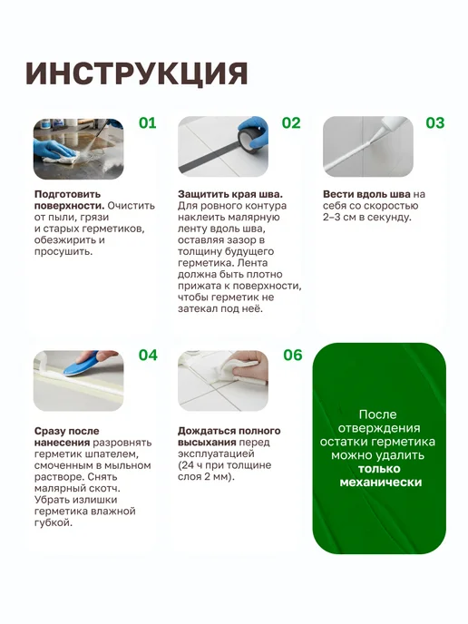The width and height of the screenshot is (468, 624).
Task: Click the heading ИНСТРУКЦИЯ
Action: click(x=136, y=73)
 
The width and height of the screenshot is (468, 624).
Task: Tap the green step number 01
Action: click(x=148, y=123)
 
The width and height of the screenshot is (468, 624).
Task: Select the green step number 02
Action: click(x=291, y=123)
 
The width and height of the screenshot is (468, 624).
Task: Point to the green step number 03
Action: click(x=435, y=123)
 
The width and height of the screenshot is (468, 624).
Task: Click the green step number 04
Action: click(x=148, y=355)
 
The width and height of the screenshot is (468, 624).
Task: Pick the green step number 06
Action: click(x=292, y=355)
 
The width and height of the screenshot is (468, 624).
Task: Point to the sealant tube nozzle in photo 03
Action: click(x=377, y=136)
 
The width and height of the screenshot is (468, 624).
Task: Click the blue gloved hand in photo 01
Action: click(x=59, y=150)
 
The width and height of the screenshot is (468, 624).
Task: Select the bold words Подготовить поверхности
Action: click(x=69, y=200)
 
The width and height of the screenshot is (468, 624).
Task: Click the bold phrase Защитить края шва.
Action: click(x=230, y=194)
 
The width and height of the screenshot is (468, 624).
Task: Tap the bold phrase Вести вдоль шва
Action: click(x=366, y=194)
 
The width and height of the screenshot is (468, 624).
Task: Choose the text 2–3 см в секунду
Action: click(x=366, y=218)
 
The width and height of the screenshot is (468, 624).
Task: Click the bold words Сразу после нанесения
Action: click(x=66, y=437)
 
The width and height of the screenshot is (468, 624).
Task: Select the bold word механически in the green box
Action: click(x=381, y=483)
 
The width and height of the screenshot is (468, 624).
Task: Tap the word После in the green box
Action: click(x=377, y=414)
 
